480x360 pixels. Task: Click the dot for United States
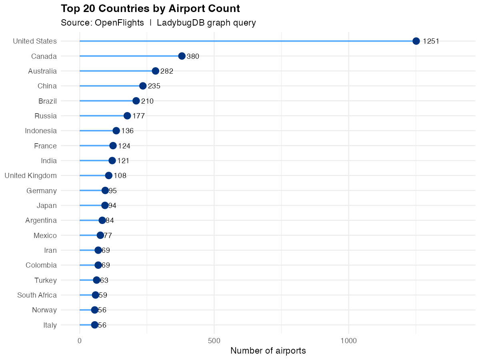pyautogui.click(x=416, y=41)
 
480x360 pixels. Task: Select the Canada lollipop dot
pyautogui.click(x=182, y=56)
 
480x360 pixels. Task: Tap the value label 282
pyautogui.click(x=166, y=71)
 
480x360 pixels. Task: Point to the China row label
pyautogui.click(x=47, y=86)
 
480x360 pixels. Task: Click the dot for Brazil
pyautogui.click(x=136, y=101)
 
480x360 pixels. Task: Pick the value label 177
pyautogui.click(x=138, y=116)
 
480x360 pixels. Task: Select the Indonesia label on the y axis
pyautogui.click(x=41, y=131)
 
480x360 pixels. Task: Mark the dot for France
pyautogui.click(x=113, y=146)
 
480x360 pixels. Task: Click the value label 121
pyautogui.click(x=123, y=161)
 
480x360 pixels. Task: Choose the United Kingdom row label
pyautogui.click(x=30, y=176)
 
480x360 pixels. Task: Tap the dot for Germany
pyautogui.click(x=105, y=190)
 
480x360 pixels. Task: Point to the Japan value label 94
pyautogui.click(x=112, y=206)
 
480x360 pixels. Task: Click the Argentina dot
pyautogui.click(x=102, y=220)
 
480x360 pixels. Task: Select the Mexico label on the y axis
pyautogui.click(x=45, y=236)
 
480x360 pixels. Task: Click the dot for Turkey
pyautogui.click(x=96, y=280)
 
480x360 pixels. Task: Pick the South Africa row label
pyautogui.click(x=37, y=295)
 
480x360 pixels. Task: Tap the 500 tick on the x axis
pyautogui.click(x=214, y=341)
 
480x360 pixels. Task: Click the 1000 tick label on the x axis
pyautogui.click(x=349, y=341)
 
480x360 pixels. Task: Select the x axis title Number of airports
pyautogui.click(x=268, y=351)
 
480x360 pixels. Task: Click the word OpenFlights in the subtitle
pyautogui.click(x=119, y=23)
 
